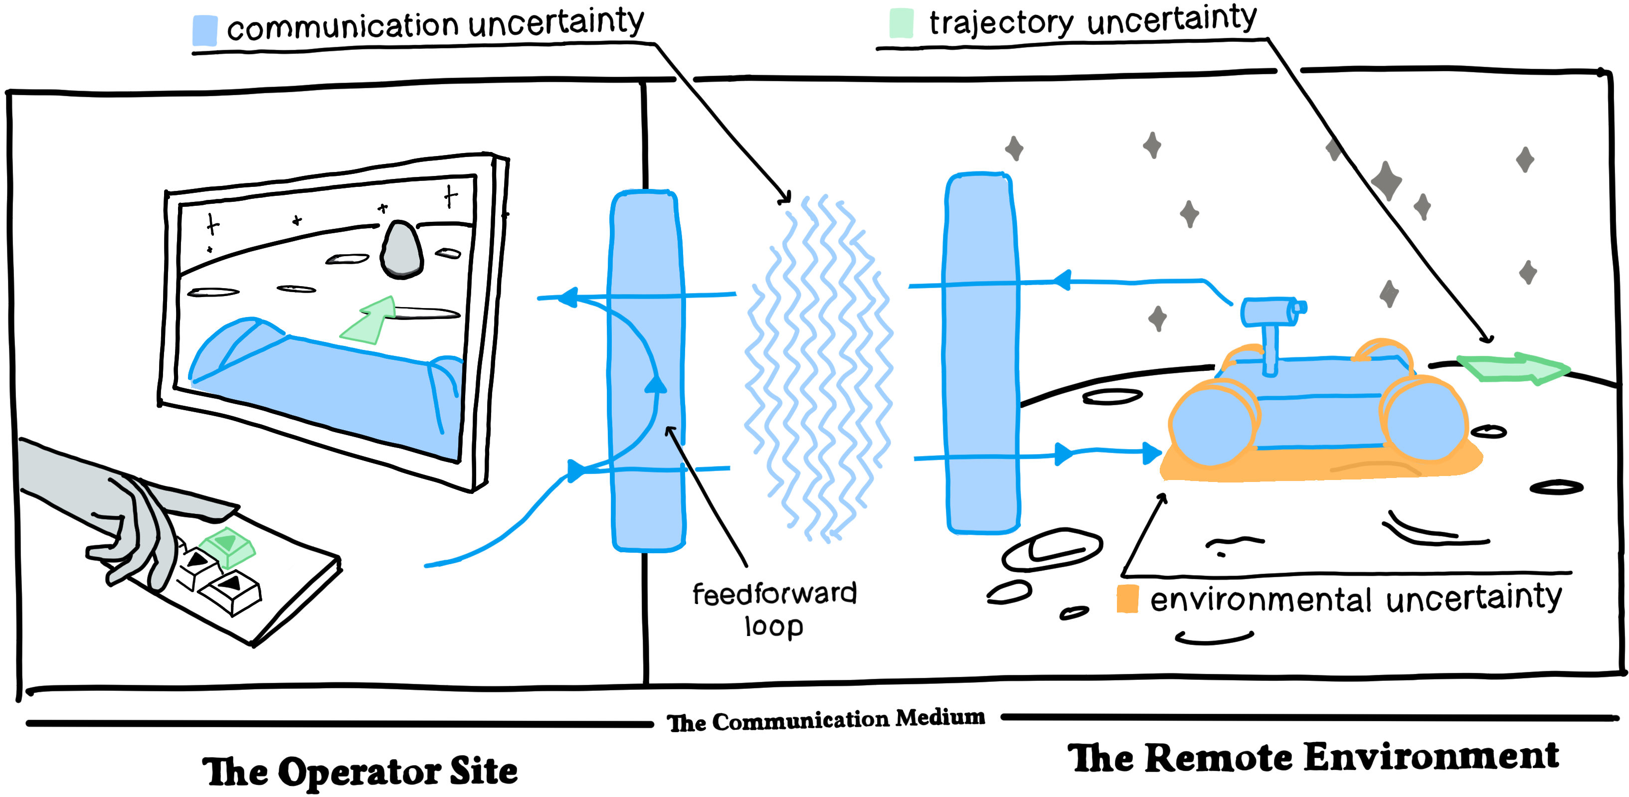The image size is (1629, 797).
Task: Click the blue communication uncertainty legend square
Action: pyautogui.click(x=204, y=30)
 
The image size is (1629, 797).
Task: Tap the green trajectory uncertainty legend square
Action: pyautogui.click(x=901, y=23)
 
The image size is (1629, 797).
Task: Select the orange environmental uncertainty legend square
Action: pyautogui.click(x=1127, y=599)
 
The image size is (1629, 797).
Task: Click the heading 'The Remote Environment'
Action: pyautogui.click(x=1313, y=757)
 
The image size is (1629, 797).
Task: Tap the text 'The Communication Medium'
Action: pyautogui.click(x=826, y=720)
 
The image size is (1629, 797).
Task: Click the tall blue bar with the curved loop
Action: pyautogui.click(x=647, y=370)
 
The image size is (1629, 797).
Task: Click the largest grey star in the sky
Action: pyautogui.click(x=1386, y=181)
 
